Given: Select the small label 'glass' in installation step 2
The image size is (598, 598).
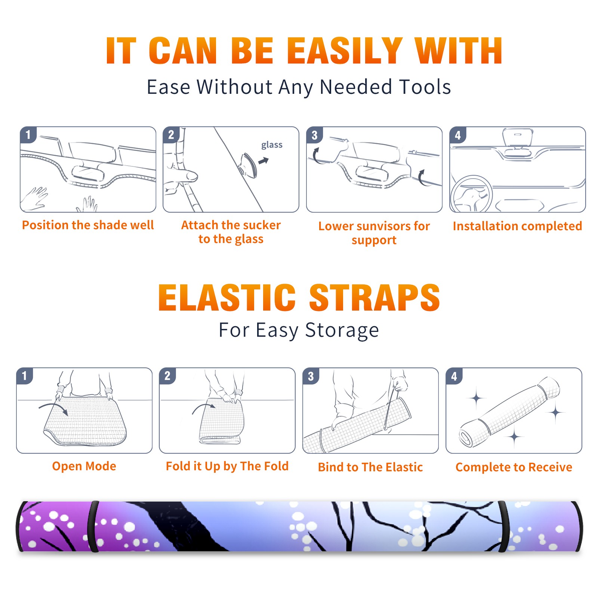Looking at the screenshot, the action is click(272, 145).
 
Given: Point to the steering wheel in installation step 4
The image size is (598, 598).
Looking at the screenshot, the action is click(471, 194).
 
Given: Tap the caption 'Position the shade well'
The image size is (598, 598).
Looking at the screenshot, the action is click(88, 225).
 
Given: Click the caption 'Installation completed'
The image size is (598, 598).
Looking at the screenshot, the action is click(517, 226).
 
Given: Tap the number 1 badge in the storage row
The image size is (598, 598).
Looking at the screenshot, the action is click(25, 376).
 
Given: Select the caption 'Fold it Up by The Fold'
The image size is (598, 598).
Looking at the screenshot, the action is click(227, 466).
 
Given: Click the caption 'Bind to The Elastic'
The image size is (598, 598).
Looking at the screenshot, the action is click(370, 467).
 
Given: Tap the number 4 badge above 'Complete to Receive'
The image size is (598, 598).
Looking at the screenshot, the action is click(454, 376).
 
